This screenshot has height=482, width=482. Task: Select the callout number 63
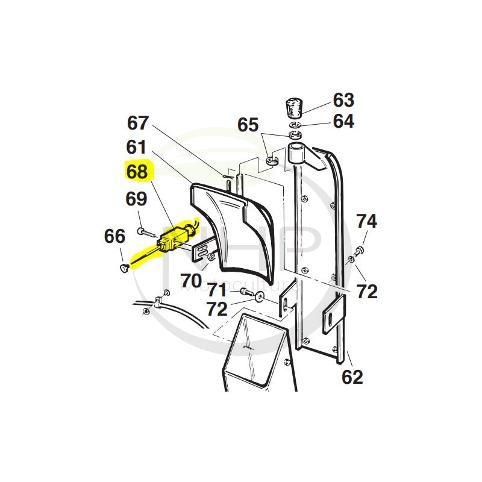pos(343,99)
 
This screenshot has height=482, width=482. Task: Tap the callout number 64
pos(343,121)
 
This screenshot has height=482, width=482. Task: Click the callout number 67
pos(137,123)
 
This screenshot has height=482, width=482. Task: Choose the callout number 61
pos(136,146)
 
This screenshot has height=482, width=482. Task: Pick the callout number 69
pos(136,198)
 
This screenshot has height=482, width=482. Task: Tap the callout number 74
pos(366,221)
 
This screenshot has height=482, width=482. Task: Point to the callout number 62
pos(352,378)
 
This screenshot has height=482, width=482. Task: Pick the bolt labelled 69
pos(142,230)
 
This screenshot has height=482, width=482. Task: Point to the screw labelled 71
pos(247,292)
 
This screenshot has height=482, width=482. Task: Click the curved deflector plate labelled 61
pos(232,232)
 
